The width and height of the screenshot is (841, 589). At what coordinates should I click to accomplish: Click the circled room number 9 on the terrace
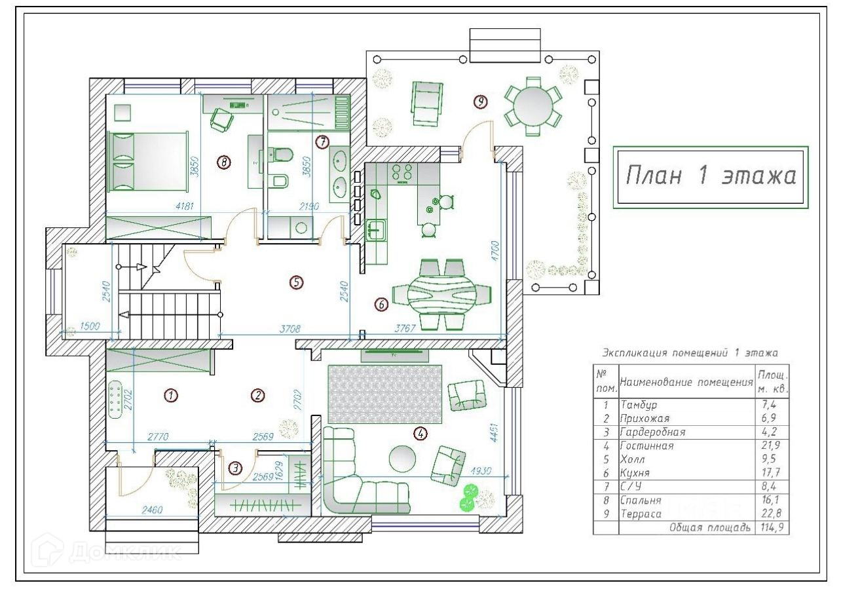coord(481,102)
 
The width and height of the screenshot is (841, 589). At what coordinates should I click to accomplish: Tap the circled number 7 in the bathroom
coord(322,142)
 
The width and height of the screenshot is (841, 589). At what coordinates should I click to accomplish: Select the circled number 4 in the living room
coord(421,434)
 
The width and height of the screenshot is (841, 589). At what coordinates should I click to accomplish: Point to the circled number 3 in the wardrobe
coord(235,468)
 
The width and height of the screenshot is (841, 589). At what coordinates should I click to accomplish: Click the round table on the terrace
coord(533,106)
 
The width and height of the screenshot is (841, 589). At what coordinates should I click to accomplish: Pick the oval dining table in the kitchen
coord(442,294)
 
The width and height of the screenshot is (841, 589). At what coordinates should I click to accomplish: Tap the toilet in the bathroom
coord(281,155)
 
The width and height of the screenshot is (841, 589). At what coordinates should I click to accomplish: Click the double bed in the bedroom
coord(148,162)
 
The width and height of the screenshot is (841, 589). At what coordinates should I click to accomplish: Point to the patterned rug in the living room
coord(385,394)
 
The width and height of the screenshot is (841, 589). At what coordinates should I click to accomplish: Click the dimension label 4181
coord(185,206)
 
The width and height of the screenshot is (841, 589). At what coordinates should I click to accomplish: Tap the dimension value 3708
coord(290,329)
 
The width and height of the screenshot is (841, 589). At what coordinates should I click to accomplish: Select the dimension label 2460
coord(152,510)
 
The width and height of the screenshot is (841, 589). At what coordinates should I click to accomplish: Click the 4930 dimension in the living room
coord(481,470)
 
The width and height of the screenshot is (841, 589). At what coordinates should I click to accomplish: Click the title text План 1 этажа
coord(711,176)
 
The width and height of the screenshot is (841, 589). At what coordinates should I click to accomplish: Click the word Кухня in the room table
coord(635,472)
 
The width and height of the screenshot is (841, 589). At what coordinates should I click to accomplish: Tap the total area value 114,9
coord(772,527)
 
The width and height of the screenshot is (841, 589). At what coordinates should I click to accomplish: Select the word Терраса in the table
coord(641,514)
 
